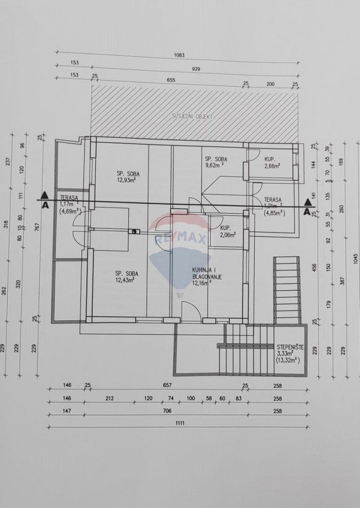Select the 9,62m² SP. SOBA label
(216, 162)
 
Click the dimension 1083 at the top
(179, 55)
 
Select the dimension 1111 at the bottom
(180, 423)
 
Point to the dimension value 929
(196, 69)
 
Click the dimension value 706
(167, 411)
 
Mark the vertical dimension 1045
(356, 259)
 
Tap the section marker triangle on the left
(44, 195)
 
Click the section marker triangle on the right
(308, 203)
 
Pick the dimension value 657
(167, 385)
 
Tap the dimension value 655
(171, 80)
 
